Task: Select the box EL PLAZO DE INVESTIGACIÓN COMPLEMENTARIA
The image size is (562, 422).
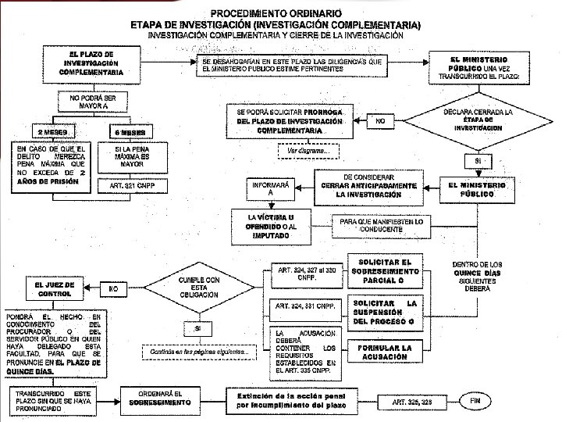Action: [91, 62]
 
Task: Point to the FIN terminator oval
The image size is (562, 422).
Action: [475, 400]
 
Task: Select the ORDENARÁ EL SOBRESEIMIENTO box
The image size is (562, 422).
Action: [160, 398]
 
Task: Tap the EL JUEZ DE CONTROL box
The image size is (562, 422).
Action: [54, 289]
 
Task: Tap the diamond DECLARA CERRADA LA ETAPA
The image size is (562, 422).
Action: [478, 120]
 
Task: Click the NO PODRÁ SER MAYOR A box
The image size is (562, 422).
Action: [91, 101]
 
